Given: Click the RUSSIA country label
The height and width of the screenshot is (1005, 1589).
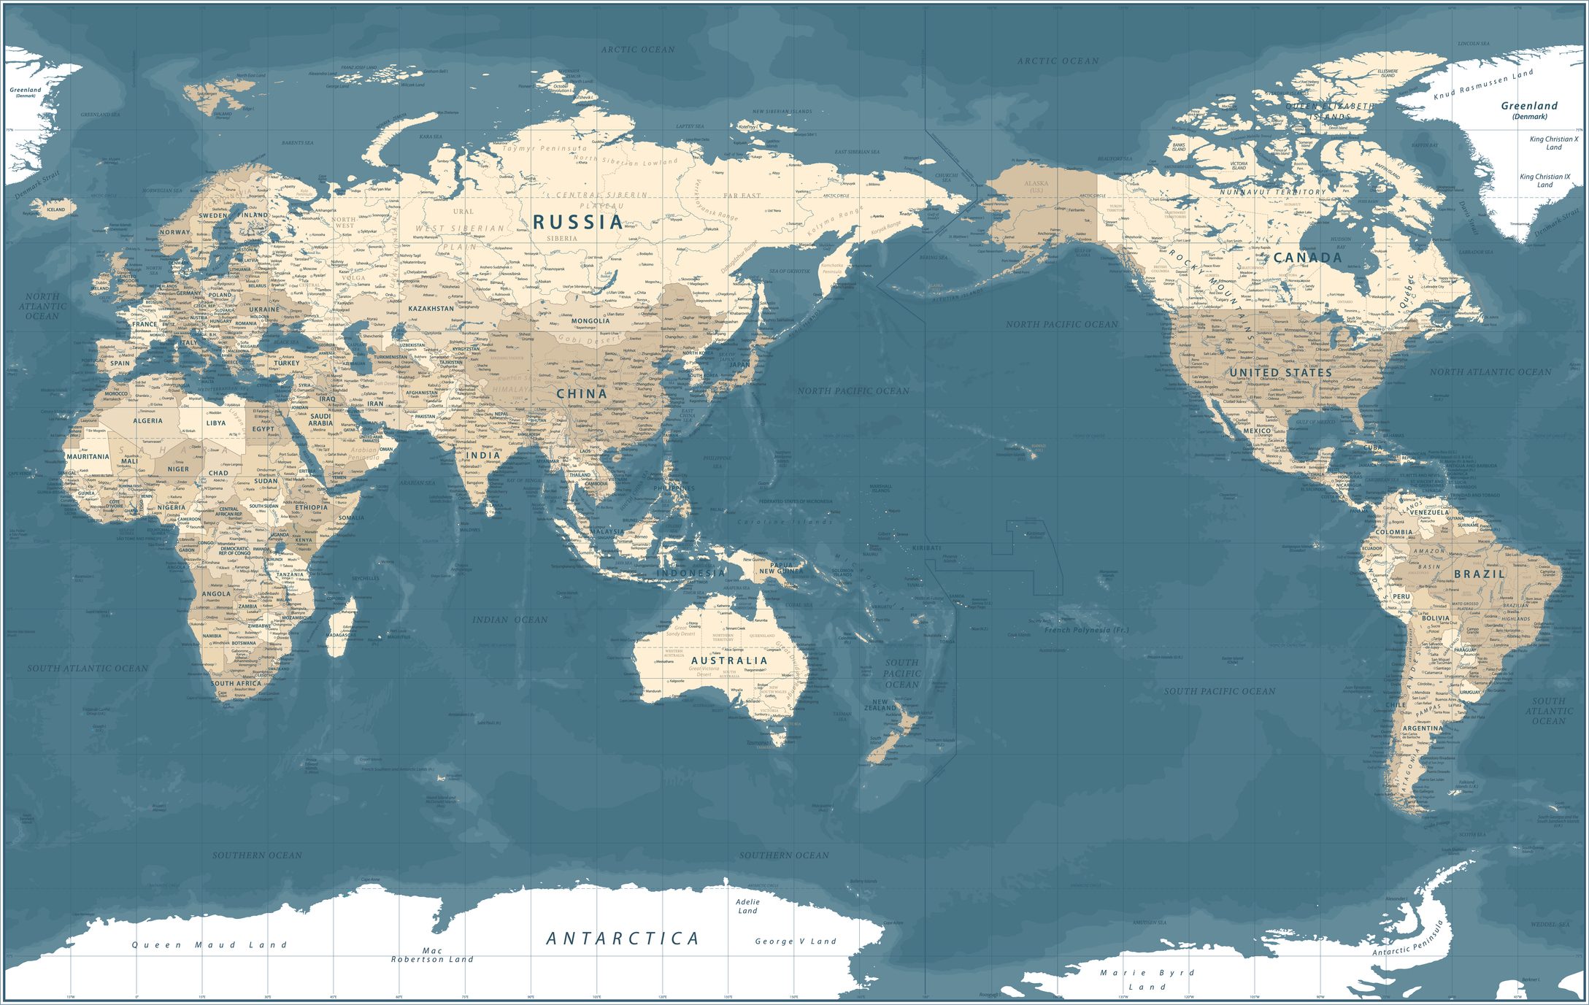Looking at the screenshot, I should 577,222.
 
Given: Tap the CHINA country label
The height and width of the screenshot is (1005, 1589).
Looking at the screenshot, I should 582,394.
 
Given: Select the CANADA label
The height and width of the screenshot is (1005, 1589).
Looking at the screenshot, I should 1307,258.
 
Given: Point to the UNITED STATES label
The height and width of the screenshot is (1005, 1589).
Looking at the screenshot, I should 1281,372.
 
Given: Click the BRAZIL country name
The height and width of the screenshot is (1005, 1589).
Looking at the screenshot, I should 1480,574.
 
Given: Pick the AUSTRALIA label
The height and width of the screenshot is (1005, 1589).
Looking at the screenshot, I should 729,661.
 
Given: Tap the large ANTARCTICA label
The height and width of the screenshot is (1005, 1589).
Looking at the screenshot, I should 623,939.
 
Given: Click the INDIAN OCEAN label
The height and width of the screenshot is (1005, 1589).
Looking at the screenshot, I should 509,620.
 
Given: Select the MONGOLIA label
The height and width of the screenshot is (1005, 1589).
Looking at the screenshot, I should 590,321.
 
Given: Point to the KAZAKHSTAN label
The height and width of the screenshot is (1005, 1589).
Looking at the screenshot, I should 431,309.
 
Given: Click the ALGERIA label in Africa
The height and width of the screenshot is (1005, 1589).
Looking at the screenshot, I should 147,421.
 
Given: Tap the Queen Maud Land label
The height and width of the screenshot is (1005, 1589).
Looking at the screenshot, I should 209,945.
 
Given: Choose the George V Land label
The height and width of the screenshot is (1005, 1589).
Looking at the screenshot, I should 796,942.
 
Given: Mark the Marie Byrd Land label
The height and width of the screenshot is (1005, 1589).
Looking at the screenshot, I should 1147,979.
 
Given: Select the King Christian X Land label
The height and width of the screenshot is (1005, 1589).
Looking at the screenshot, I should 1554,143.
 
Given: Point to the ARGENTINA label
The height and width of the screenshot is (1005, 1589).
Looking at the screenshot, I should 1423,728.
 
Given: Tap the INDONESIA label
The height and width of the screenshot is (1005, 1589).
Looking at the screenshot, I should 690,573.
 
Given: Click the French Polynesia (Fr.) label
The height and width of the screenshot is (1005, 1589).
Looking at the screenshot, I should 1086,630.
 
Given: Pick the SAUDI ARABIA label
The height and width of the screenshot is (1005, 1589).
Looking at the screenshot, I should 320,420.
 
